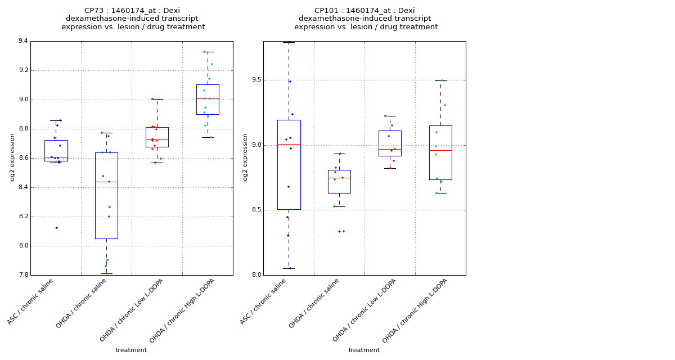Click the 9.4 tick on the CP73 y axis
pyautogui.click(x=23, y=41)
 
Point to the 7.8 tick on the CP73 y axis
pyautogui.click(x=23, y=275)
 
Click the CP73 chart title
pyautogui.click(x=133, y=19)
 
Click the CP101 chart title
pyautogui.click(x=365, y=19)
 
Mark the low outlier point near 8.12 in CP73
pyautogui.click(x=56, y=228)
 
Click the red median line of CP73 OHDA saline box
pyautogui.click(x=106, y=182)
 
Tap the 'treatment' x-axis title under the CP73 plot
pyautogui.click(x=131, y=350)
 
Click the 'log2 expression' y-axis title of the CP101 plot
pyautogui.click(x=245, y=157)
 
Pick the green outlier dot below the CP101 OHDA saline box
pyautogui.click(x=343, y=231)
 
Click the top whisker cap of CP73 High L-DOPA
pyautogui.click(x=208, y=52)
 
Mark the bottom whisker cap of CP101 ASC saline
pyautogui.click(x=289, y=268)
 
